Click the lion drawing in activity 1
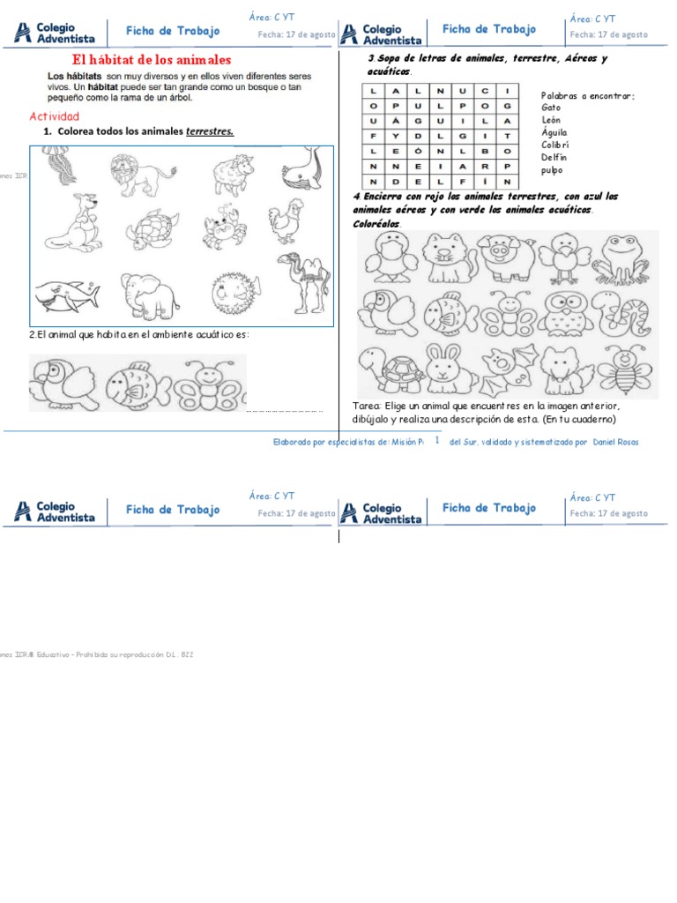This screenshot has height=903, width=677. point(135,174)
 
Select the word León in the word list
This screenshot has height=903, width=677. point(551,119)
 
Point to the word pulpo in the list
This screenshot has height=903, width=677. point(552,170)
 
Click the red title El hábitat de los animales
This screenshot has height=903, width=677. point(151,60)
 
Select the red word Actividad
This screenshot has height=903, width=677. point(54,116)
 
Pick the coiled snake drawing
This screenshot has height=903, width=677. point(621,312)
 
